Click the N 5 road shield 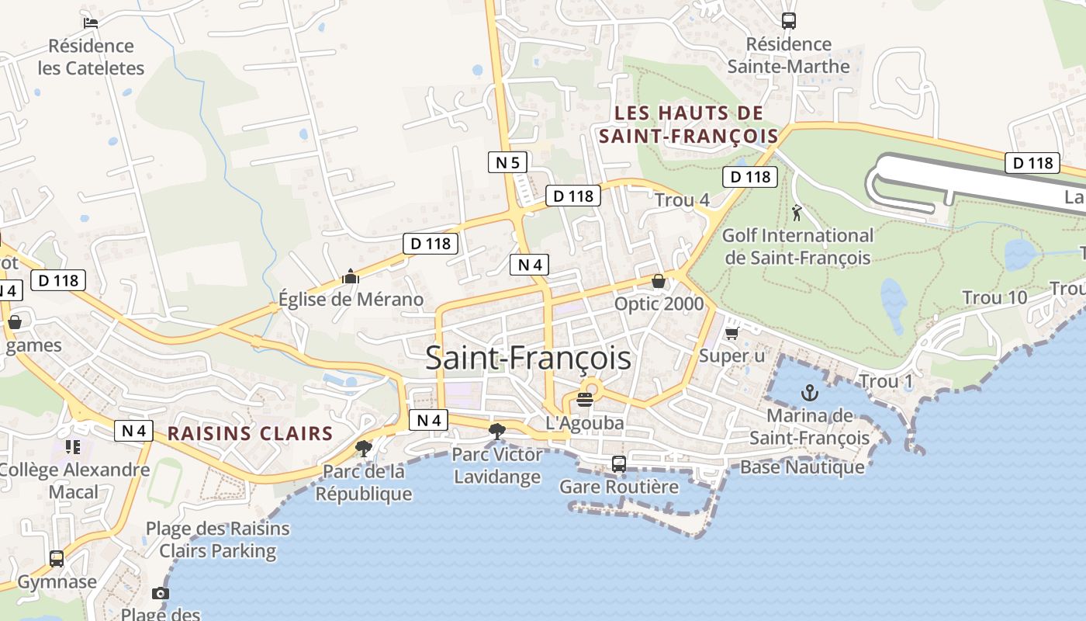pyautogui.click(x=508, y=162)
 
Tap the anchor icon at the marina pyautogui.click(x=810, y=392)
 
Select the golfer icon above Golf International pyautogui.click(x=797, y=212)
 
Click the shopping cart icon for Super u pyautogui.click(x=731, y=333)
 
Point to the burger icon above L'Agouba pyautogui.click(x=585, y=400)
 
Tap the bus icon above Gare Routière pyautogui.click(x=618, y=464)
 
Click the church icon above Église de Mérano pyautogui.click(x=351, y=276)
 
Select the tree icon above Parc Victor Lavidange pyautogui.click(x=497, y=431)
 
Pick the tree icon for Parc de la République pyautogui.click(x=363, y=448)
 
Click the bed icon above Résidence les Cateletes pyautogui.click(x=91, y=22)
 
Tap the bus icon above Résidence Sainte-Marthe pyautogui.click(x=789, y=21)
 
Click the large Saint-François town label pyautogui.click(x=527, y=359)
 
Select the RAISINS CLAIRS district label pyautogui.click(x=250, y=433)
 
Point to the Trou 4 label pyautogui.click(x=682, y=200)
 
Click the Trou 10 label pyautogui.click(x=994, y=297)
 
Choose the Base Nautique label pyautogui.click(x=802, y=467)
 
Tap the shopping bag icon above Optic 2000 pyautogui.click(x=659, y=281)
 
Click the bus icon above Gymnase pyautogui.click(x=57, y=558)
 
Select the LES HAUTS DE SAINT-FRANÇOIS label pyautogui.click(x=689, y=124)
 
